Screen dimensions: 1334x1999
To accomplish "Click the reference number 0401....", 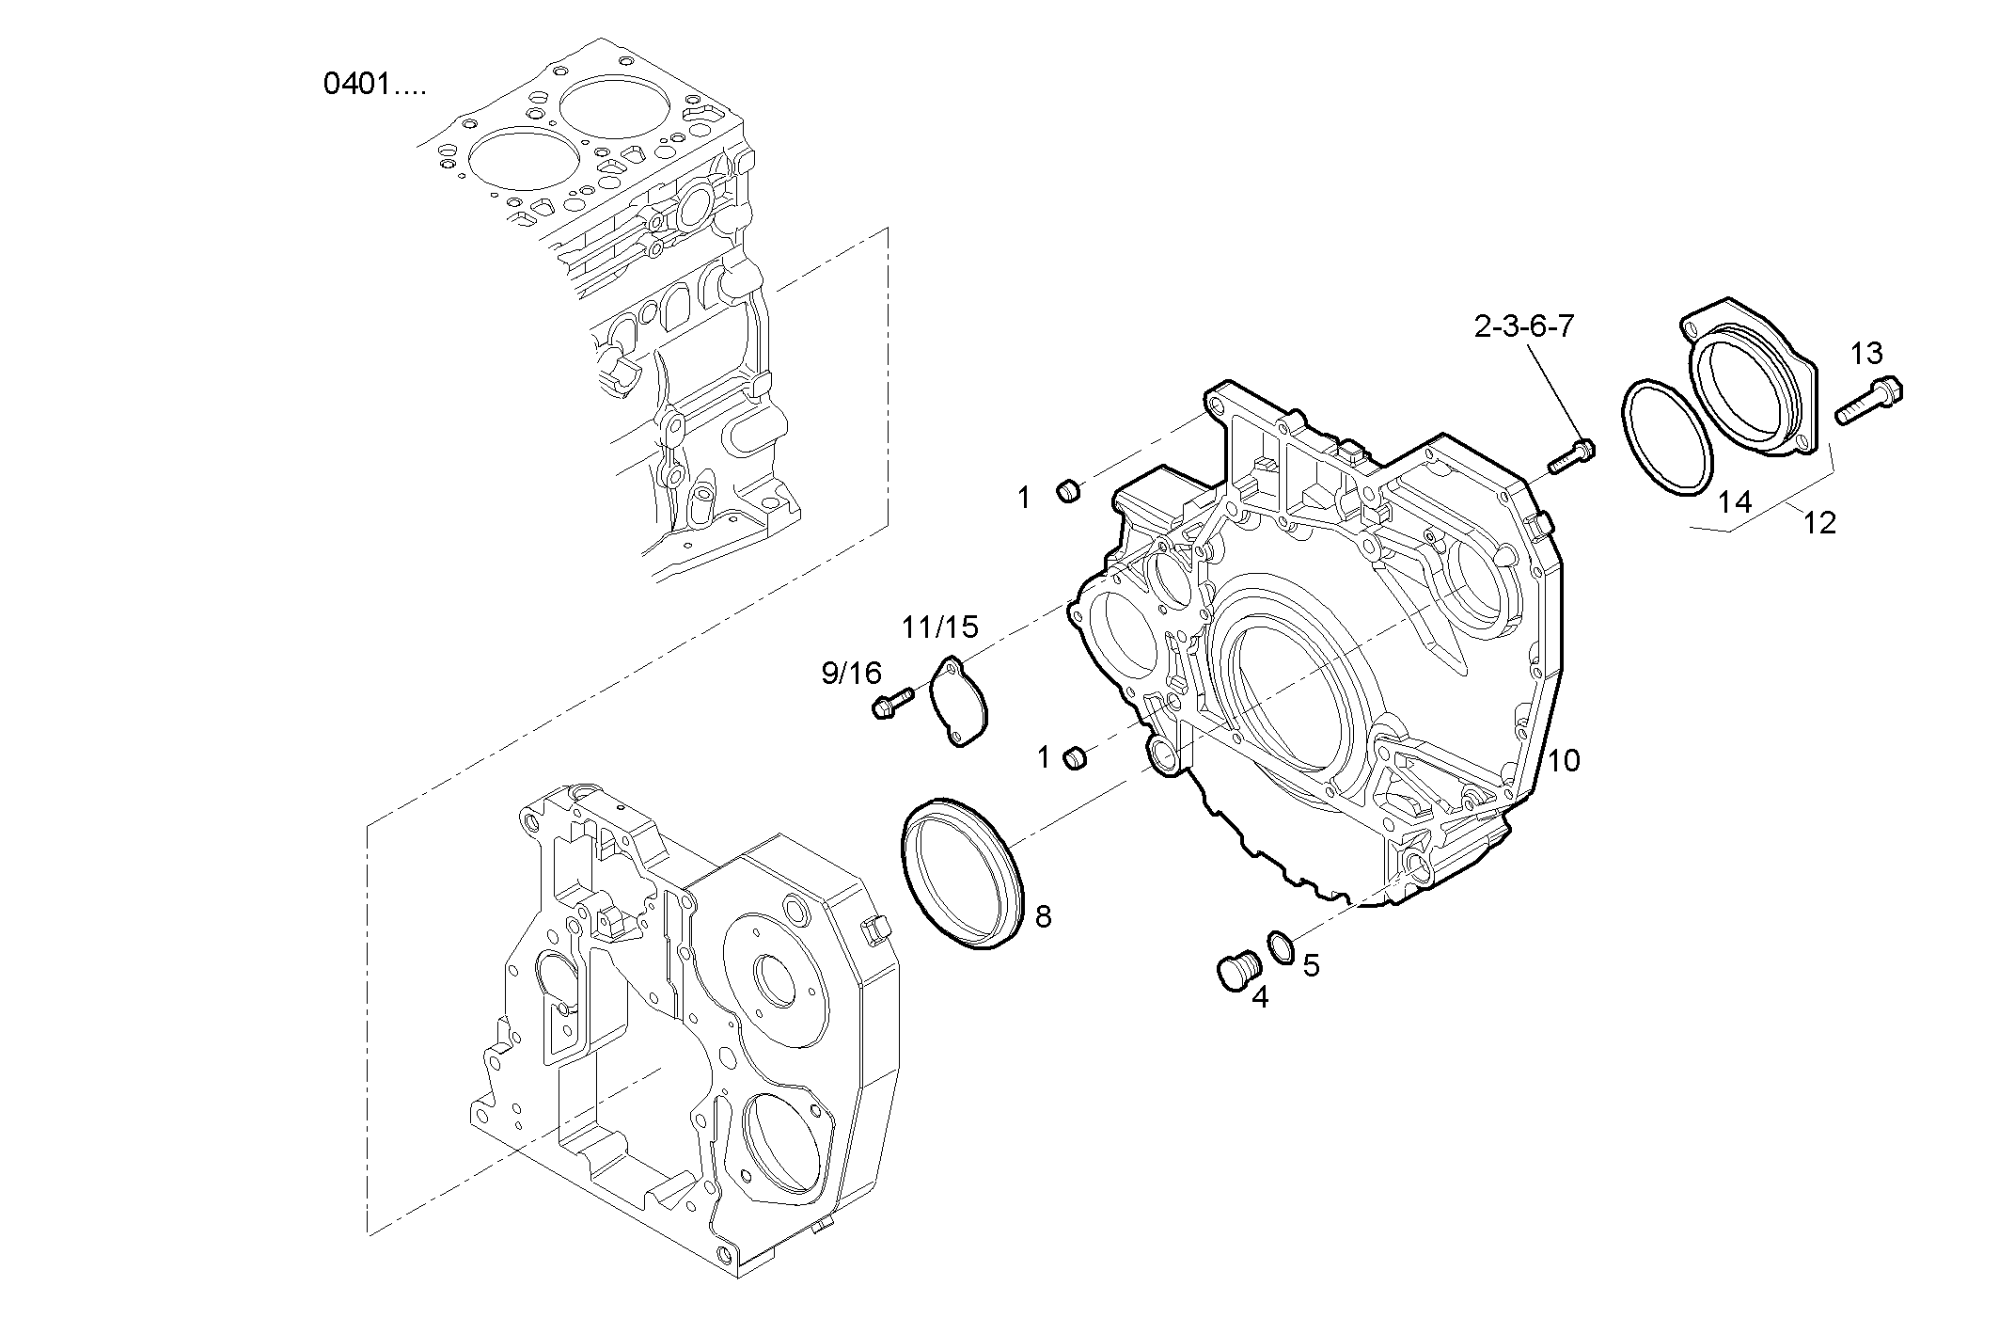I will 374,85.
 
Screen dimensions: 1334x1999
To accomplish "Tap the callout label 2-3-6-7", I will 1523,326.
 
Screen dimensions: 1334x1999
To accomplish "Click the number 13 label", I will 1866,353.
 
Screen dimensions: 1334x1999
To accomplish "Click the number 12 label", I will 1820,523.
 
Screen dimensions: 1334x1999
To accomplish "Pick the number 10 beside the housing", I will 1564,760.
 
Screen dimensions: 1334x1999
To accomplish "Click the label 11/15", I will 940,627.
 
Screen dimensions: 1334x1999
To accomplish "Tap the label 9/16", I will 851,673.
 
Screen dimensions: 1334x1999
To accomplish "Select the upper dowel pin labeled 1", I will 1069,490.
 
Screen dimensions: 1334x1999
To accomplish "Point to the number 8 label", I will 1043,916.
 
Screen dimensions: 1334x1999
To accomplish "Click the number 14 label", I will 1735,502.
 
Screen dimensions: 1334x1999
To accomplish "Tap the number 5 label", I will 1311,964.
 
